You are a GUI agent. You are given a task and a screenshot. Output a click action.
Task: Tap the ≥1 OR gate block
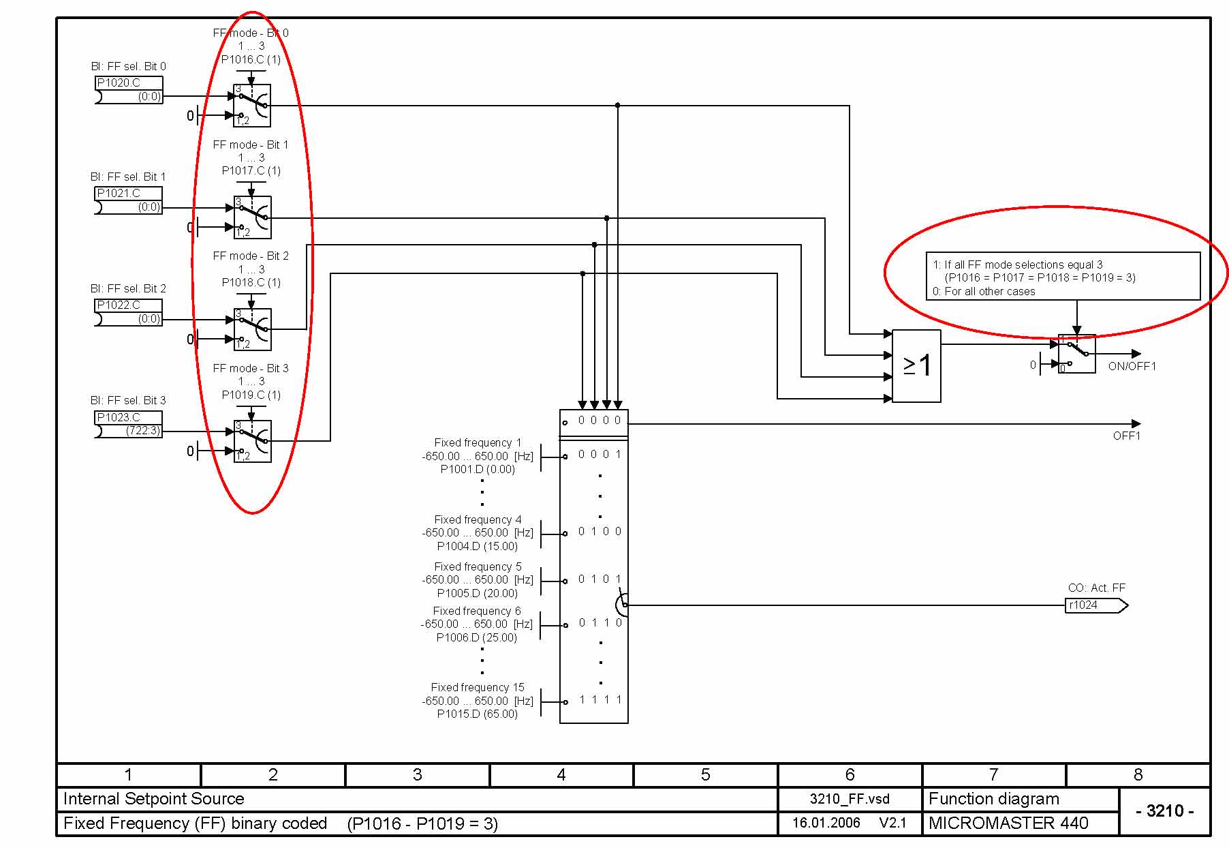(916, 366)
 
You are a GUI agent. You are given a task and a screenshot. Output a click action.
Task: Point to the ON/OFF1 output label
(1132, 366)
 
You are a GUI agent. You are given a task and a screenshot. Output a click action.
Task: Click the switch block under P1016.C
(252, 106)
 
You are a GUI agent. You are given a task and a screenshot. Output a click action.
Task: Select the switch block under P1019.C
(252, 441)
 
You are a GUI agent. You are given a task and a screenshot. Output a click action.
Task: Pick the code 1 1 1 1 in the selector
(600, 699)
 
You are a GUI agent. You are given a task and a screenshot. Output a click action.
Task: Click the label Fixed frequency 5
(478, 566)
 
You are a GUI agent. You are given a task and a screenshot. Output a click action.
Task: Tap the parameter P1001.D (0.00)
(477, 469)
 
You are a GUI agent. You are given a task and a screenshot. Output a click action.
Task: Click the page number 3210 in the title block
(1165, 811)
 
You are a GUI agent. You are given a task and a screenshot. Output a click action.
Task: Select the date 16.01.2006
(826, 823)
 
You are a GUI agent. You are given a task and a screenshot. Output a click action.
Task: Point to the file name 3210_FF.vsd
(850, 799)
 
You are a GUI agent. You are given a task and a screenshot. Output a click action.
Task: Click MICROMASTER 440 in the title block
(1008, 823)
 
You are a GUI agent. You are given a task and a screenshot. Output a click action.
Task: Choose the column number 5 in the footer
(706, 774)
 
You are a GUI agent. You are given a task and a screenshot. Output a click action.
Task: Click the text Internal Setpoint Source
(153, 798)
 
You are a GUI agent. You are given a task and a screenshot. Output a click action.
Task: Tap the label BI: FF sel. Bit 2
(128, 288)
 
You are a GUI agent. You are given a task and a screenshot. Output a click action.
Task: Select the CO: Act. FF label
(1096, 588)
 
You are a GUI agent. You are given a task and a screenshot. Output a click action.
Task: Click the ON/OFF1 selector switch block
(1077, 354)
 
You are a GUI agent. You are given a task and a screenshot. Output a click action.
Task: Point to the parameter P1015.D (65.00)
(477, 714)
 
